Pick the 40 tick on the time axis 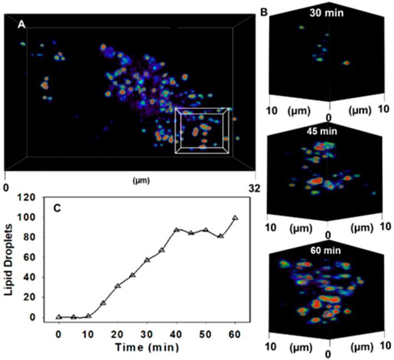tap(176, 332)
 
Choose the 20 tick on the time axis tap(117, 332)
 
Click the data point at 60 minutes tap(235, 218)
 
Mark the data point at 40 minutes tap(176, 230)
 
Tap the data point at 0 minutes tap(59, 317)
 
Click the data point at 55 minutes tap(220, 236)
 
